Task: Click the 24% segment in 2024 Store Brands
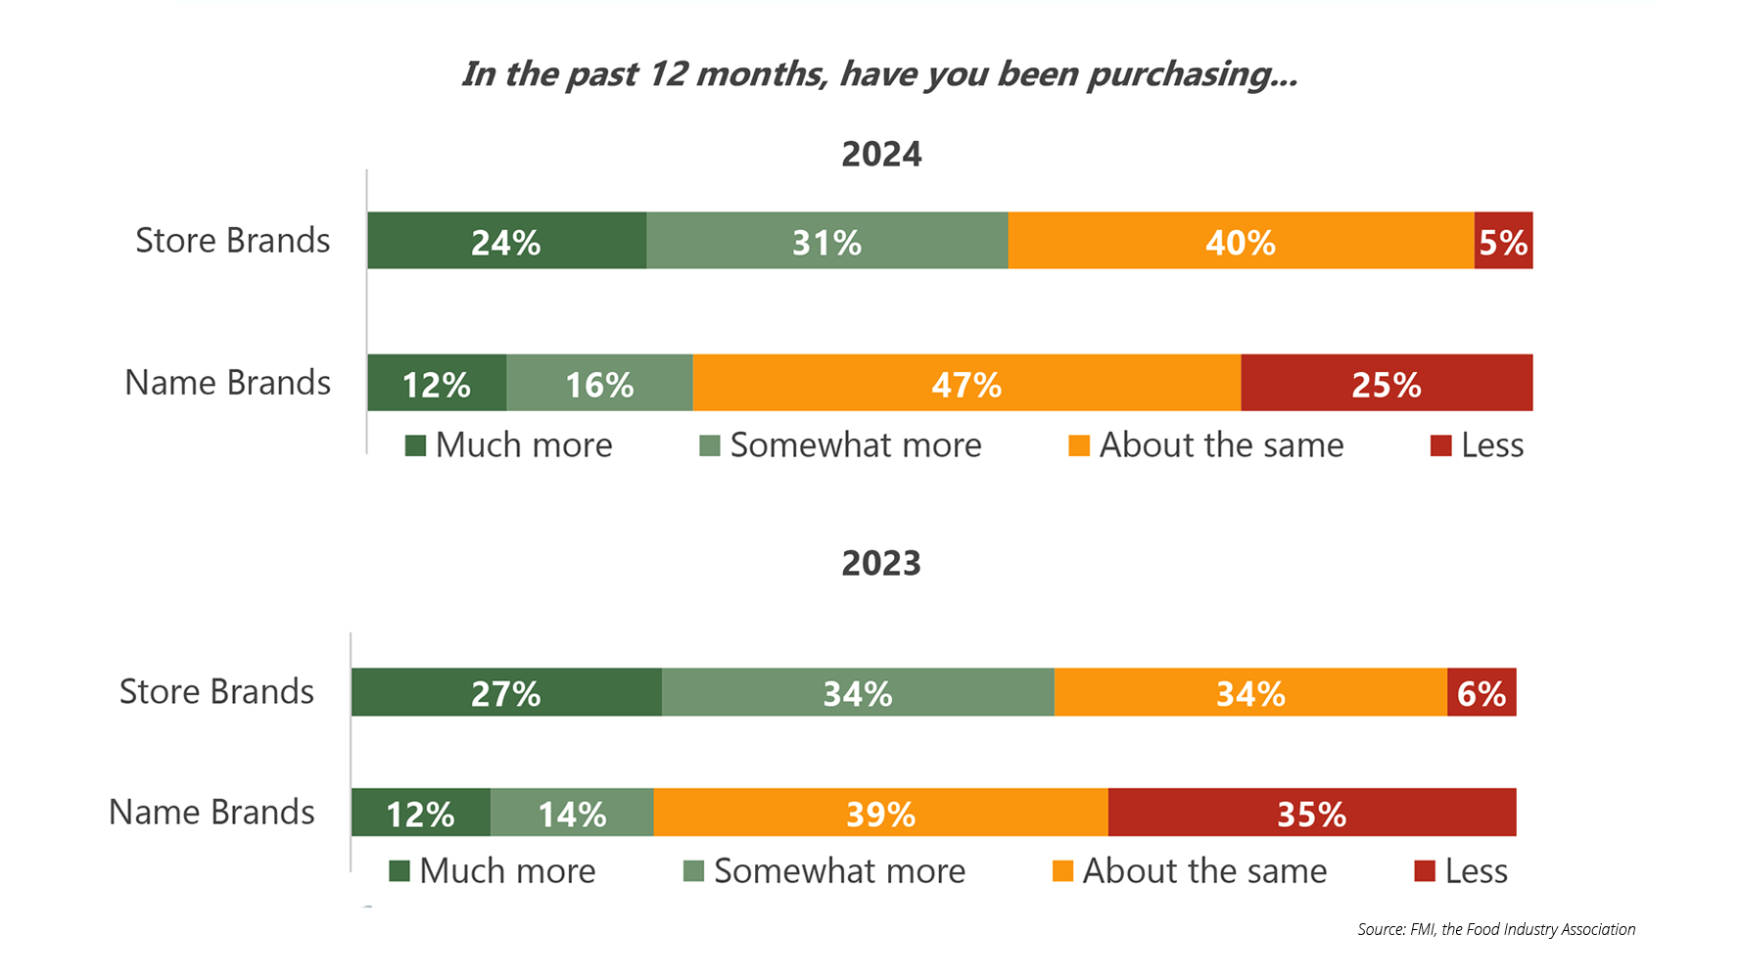[506, 241]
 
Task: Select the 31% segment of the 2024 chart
[826, 241]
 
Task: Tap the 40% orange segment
[1241, 241]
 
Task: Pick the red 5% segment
[1503, 241]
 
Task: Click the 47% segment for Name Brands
[966, 383]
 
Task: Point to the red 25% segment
[1387, 383]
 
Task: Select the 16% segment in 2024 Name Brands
[599, 383]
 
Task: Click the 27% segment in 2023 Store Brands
[506, 692]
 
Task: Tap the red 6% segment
[1482, 692]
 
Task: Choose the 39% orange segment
[880, 813]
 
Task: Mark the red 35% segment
[1312, 813]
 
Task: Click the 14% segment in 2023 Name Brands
[572, 813]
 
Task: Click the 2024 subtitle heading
[881, 155]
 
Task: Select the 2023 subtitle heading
[881, 564]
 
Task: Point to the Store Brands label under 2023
[216, 692]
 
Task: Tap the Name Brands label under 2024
[227, 383]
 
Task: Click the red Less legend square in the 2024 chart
[1440, 446]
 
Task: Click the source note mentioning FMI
[1495, 929]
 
